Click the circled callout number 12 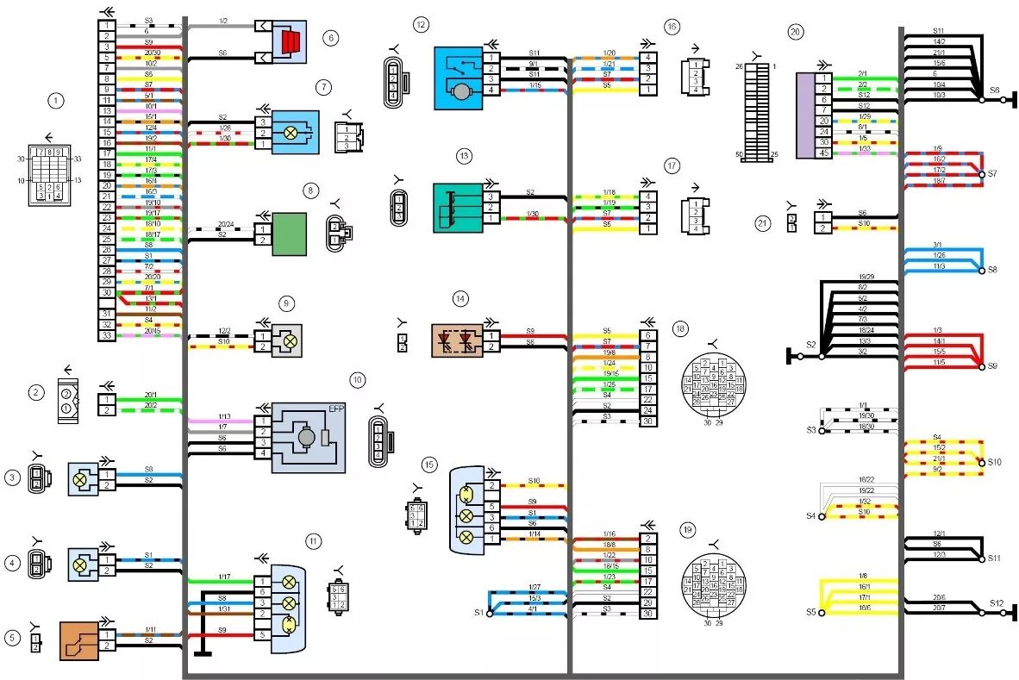pos(420,25)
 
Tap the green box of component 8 pos(289,234)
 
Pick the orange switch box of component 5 pos(78,640)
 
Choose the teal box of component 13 pos(457,208)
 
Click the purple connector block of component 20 pos(804,115)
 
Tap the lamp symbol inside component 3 pos(80,480)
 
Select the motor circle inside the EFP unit pos(306,438)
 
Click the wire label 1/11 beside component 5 pos(150,630)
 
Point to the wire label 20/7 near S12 pos(938,608)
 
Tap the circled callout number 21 pos(761,223)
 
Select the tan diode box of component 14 pos(456,340)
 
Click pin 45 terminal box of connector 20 pos(824,153)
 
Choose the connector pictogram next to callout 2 pos(67,400)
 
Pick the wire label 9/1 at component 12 pos(533,63)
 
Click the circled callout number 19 pos(686,529)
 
